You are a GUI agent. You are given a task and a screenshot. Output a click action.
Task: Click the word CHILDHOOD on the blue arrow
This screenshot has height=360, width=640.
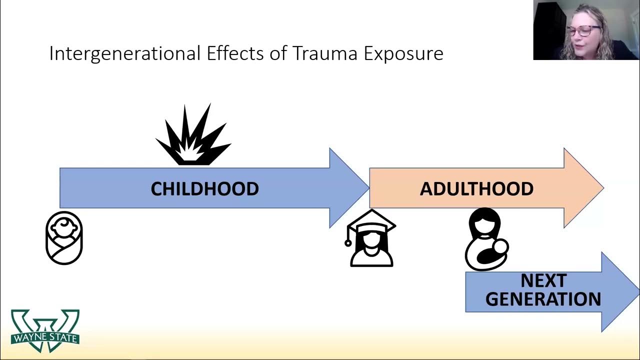[204, 188]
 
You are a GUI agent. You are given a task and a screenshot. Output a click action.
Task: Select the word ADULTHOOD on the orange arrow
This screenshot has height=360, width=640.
[476, 188]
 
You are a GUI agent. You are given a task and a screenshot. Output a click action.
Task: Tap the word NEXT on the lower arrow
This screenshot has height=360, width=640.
[543, 280]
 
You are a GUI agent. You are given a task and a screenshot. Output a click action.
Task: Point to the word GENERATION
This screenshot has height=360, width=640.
[543, 299]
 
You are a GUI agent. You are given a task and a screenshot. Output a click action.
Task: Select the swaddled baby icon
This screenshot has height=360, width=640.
[64, 237]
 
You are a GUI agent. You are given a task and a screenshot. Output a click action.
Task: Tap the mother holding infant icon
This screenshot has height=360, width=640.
[486, 239]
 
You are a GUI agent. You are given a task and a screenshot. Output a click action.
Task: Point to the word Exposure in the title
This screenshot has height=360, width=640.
[403, 53]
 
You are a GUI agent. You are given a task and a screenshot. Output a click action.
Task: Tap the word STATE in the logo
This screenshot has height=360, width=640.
[63, 338]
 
